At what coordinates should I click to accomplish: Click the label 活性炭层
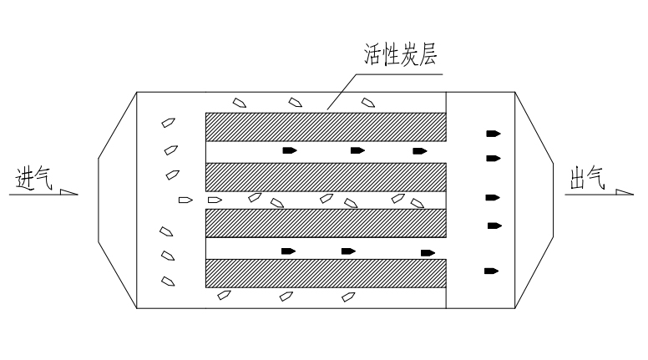(x=400, y=54)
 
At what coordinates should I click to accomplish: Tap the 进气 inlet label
(x=34, y=179)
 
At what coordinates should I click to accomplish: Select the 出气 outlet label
(x=588, y=178)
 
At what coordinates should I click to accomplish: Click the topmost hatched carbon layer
(x=326, y=127)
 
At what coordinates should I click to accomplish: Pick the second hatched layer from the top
(x=326, y=177)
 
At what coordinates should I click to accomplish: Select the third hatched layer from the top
(x=326, y=223)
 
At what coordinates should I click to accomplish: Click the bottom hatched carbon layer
(x=326, y=273)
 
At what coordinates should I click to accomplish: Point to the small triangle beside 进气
(x=68, y=192)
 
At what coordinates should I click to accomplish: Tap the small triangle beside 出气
(x=624, y=192)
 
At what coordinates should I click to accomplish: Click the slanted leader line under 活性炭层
(x=342, y=92)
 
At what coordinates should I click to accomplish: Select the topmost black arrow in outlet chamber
(x=493, y=134)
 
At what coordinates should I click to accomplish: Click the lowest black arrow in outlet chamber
(x=491, y=271)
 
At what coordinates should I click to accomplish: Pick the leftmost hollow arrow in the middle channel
(x=185, y=200)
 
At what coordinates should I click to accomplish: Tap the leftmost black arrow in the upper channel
(x=290, y=150)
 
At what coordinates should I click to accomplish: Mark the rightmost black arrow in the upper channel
(x=420, y=151)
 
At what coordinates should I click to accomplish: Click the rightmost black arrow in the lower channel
(x=428, y=253)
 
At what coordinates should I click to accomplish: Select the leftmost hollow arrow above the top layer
(x=240, y=103)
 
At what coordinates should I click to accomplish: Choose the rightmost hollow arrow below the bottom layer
(x=348, y=297)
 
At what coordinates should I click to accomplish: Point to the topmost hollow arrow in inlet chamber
(x=168, y=123)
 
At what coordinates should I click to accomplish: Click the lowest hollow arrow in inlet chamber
(x=168, y=281)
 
